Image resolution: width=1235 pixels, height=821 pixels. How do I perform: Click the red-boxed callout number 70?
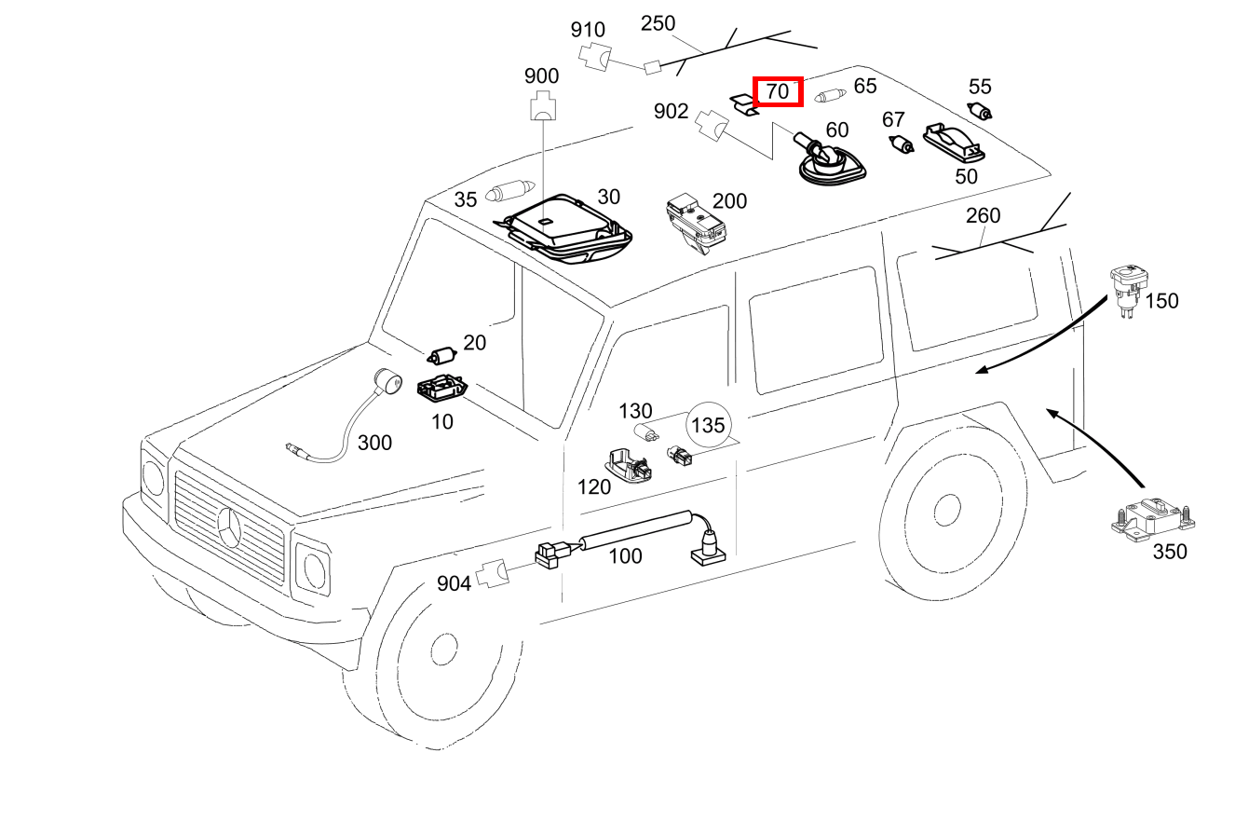pyautogui.click(x=777, y=91)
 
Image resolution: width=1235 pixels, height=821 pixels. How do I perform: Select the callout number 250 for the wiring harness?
pyautogui.click(x=658, y=23)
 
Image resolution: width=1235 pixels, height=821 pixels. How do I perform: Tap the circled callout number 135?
pyautogui.click(x=707, y=425)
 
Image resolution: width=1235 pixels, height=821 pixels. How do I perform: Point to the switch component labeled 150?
pyautogui.click(x=1128, y=289)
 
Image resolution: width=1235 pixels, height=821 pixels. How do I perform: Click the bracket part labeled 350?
pyautogui.click(x=1152, y=517)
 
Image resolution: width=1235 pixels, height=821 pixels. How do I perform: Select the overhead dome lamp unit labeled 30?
pyautogui.click(x=563, y=227)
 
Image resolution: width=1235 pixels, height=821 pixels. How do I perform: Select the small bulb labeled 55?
pyautogui.click(x=981, y=112)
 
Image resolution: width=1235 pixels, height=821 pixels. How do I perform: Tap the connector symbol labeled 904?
pyautogui.click(x=493, y=575)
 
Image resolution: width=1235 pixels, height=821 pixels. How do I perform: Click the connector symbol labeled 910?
pyautogui.click(x=593, y=57)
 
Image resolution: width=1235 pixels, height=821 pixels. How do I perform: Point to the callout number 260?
pyautogui.click(x=983, y=216)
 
